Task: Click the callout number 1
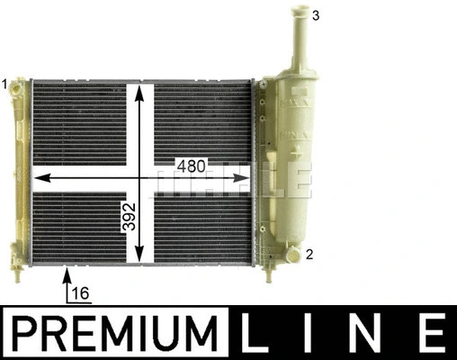4,84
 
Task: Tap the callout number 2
309,255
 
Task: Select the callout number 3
315,15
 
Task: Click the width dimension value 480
191,167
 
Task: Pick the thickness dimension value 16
80,294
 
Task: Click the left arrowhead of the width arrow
38,178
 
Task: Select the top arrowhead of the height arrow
140,88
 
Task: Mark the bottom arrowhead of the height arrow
140,259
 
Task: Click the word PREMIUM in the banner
117,333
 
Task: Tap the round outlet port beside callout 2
291,254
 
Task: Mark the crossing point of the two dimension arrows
140,178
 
